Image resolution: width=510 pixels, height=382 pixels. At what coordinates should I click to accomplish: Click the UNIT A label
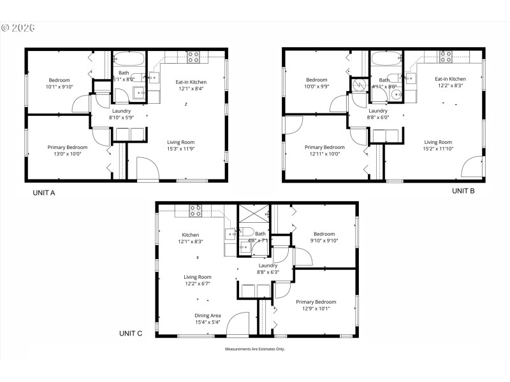point(44,192)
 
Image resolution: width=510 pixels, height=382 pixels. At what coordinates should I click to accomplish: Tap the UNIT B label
point(463,190)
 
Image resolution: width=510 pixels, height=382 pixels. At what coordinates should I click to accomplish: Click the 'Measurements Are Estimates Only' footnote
point(254,349)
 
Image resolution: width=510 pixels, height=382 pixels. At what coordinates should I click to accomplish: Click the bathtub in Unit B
point(385,60)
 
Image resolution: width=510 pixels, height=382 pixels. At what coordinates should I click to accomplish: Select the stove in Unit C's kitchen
point(195,211)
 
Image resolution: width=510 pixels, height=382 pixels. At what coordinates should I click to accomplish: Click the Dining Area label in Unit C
point(208,315)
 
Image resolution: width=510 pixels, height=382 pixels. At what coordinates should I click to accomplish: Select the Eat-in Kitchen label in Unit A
point(191,81)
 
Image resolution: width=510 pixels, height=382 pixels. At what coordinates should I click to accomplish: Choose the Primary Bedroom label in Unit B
point(324,147)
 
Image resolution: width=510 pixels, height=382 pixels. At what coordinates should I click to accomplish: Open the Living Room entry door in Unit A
point(147,171)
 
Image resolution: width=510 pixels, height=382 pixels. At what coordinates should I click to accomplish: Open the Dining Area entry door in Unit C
point(238,324)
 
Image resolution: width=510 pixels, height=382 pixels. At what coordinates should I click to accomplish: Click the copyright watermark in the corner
point(18,28)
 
